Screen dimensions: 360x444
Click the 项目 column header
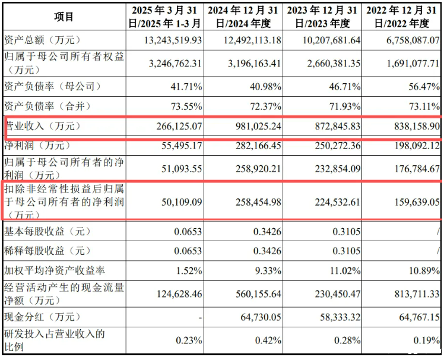click(64, 17)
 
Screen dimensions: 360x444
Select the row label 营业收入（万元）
click(42, 127)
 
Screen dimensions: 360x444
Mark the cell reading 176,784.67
click(413, 168)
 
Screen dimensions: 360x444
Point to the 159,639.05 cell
click(413, 202)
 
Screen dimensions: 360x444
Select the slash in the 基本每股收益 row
click(437, 230)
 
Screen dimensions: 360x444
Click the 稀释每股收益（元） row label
click(48, 251)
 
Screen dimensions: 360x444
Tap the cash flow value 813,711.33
click(413, 293)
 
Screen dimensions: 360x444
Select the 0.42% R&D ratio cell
click(267, 340)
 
